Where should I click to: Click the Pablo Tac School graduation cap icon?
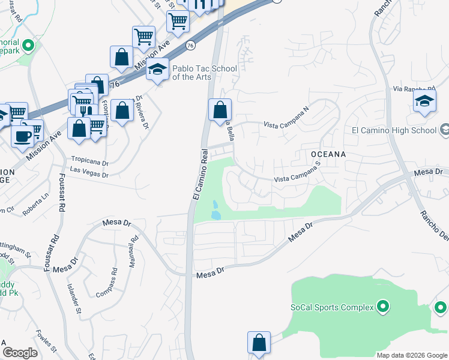pyautogui.click(x=158, y=71)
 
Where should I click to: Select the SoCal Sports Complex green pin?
pyautogui.click(x=383, y=307)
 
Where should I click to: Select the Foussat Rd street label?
pyautogui.click(x=62, y=191)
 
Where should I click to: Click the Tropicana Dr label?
pyautogui.click(x=89, y=162)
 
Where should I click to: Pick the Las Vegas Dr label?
pyautogui.click(x=88, y=175)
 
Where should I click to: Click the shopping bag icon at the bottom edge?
pyautogui.click(x=259, y=344)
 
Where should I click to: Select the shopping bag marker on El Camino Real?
pyautogui.click(x=220, y=110)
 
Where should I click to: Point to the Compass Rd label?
pyautogui.click(x=107, y=281)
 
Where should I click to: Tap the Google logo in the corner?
pyautogui.click(x=20, y=353)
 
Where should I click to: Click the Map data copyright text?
pyautogui.click(x=411, y=355)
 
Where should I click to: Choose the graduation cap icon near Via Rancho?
pyautogui.click(x=424, y=101)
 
